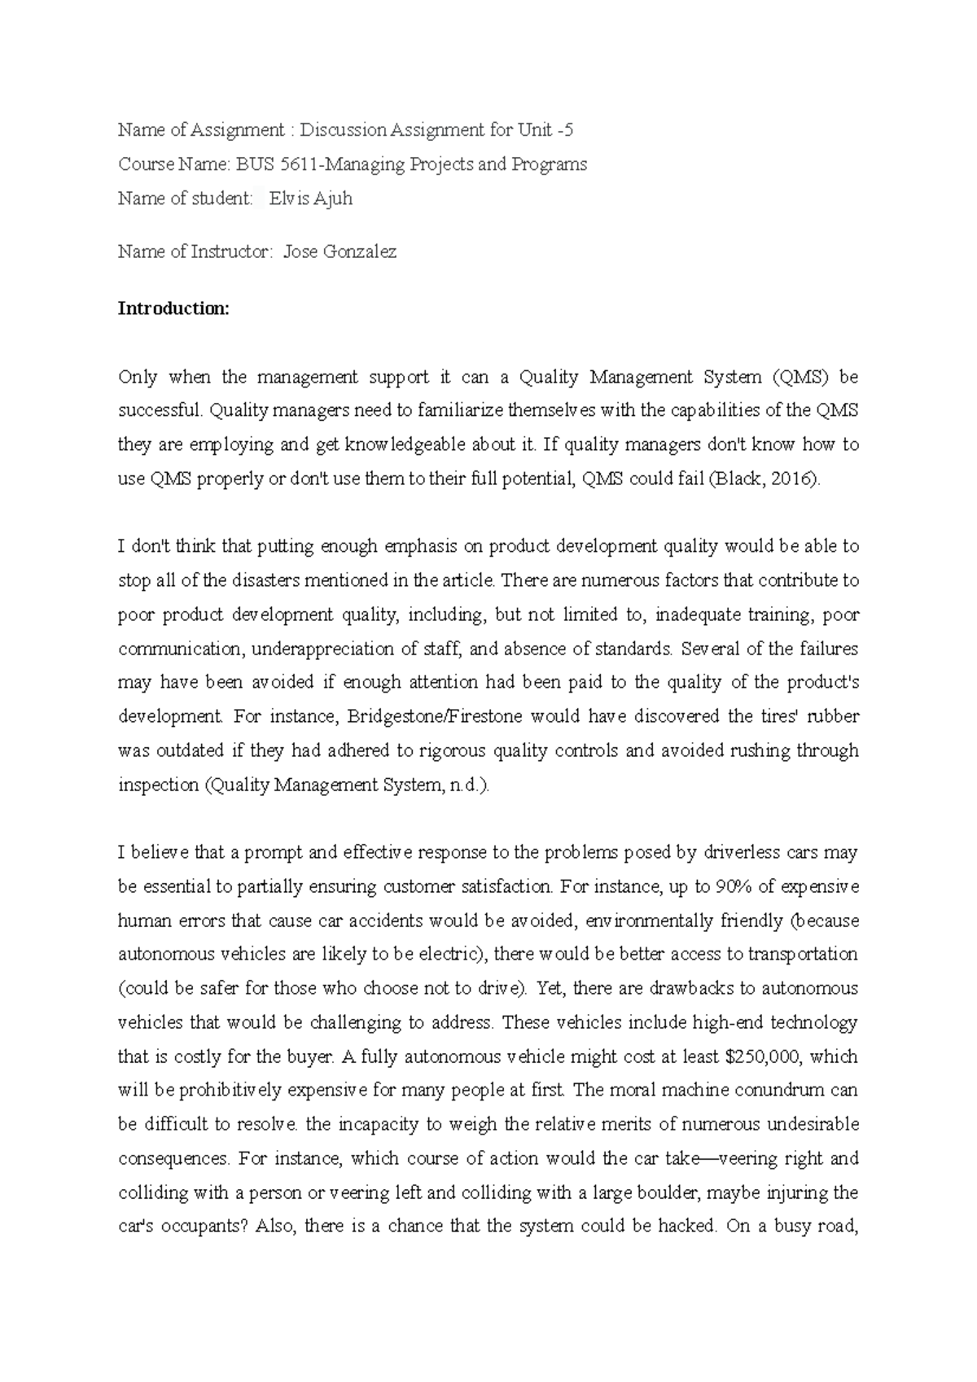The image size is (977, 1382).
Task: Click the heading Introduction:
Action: [x=174, y=309]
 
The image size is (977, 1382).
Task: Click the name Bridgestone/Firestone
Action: [x=435, y=717]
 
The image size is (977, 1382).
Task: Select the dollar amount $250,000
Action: [x=761, y=1057]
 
